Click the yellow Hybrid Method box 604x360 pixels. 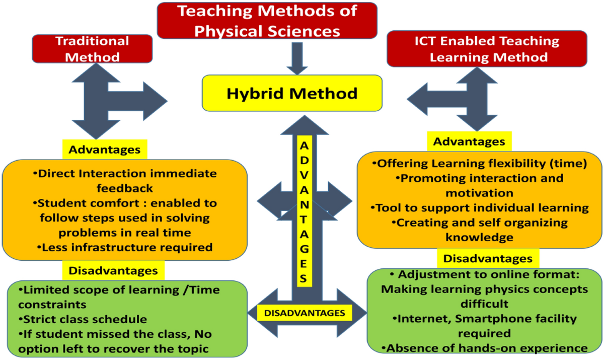[x=292, y=93]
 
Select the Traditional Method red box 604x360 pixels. [x=92, y=49]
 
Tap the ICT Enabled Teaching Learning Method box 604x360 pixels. [x=487, y=49]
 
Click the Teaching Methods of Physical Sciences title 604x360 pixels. [x=267, y=21]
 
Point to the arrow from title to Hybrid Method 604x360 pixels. [x=297, y=58]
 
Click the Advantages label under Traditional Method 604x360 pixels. [x=105, y=150]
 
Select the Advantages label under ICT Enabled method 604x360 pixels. [x=469, y=141]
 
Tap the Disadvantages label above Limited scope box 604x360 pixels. [x=113, y=270]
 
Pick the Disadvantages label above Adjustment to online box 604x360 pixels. [x=488, y=258]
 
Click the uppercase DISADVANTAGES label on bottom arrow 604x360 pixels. [x=305, y=313]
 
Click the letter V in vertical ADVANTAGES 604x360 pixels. [x=304, y=175]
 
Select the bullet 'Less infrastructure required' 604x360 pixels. [x=125, y=247]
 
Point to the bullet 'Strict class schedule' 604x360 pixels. [x=83, y=319]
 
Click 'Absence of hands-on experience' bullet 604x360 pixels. [x=485, y=348]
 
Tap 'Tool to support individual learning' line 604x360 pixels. [x=480, y=207]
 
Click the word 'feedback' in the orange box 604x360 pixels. [x=125, y=188]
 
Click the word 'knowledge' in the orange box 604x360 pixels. [x=479, y=237]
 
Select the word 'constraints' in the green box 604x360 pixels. [x=52, y=305]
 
